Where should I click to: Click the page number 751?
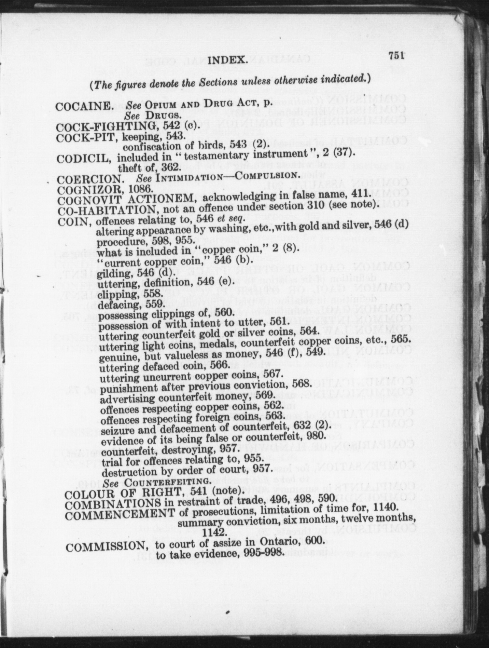pos(396,56)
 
